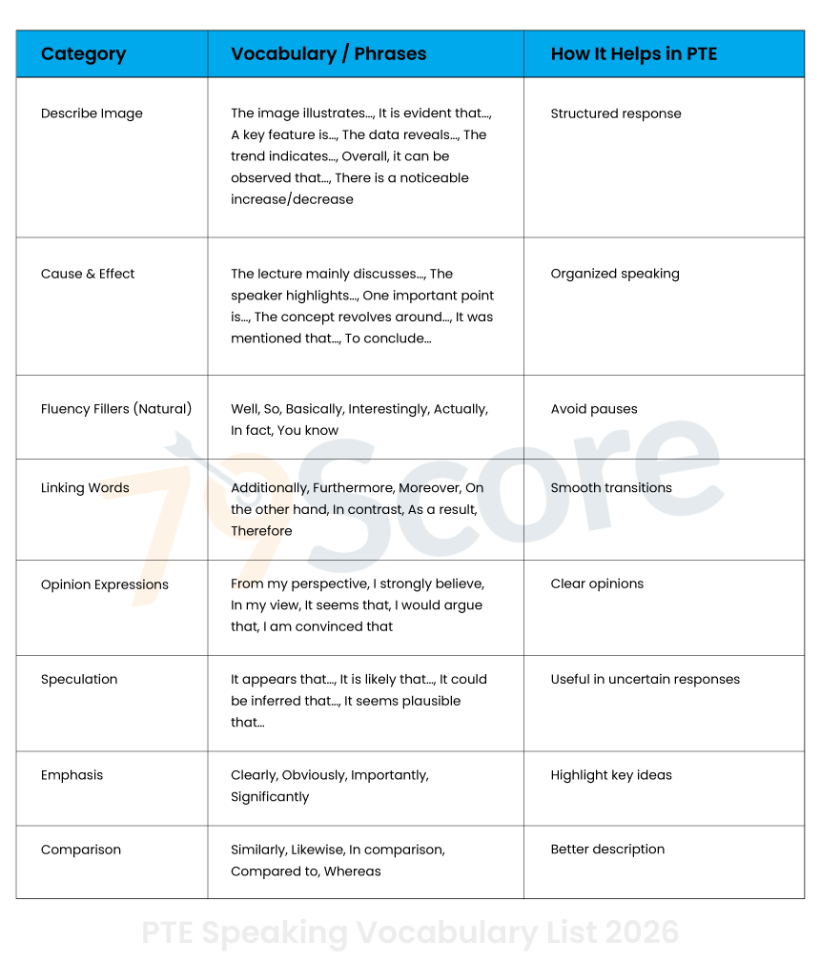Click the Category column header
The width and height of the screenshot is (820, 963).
tap(83, 54)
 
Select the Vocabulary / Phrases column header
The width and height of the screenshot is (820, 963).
tap(328, 54)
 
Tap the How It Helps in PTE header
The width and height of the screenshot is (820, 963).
tap(633, 54)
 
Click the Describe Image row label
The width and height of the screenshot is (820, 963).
tap(92, 113)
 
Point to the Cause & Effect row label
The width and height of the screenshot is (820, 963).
tap(88, 274)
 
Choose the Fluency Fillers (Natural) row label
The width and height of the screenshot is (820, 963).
tap(116, 409)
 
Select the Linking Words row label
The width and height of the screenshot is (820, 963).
tap(85, 488)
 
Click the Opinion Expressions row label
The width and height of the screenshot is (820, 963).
tap(105, 584)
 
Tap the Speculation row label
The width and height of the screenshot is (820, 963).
tap(79, 680)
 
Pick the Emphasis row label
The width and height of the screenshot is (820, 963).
tap(72, 775)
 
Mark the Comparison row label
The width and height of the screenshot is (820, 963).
tap(81, 850)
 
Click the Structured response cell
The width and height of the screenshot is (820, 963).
tap(616, 113)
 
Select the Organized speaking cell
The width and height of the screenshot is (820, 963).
tap(615, 274)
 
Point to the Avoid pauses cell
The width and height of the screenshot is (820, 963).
tap(594, 409)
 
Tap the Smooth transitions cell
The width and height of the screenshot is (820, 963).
tap(611, 488)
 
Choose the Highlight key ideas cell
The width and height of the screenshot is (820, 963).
tap(611, 775)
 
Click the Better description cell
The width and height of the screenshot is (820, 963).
tap(607, 850)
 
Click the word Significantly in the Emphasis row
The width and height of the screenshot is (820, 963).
tap(270, 797)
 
